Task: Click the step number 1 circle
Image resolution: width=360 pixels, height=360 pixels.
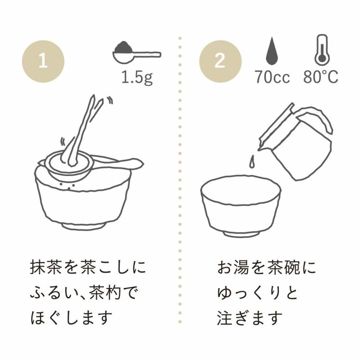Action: click(x=43, y=62)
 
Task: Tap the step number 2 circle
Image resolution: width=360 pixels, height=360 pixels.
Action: click(x=220, y=62)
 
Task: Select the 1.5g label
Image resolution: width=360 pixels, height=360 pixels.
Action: click(x=137, y=77)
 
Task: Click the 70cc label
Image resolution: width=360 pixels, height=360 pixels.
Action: click(x=272, y=76)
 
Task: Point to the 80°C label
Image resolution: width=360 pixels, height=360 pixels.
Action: click(x=321, y=76)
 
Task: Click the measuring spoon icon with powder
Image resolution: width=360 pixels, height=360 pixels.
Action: click(x=137, y=52)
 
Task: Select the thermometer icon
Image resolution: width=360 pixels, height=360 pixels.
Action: click(x=322, y=49)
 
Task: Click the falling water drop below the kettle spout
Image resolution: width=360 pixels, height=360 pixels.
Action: click(x=252, y=161)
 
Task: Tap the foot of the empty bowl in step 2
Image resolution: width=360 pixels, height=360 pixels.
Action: click(x=242, y=234)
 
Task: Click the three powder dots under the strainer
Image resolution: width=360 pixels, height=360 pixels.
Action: click(x=67, y=185)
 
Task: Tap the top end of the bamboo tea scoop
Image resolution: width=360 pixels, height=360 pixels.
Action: click(x=93, y=96)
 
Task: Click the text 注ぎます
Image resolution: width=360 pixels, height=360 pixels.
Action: click(x=250, y=318)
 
